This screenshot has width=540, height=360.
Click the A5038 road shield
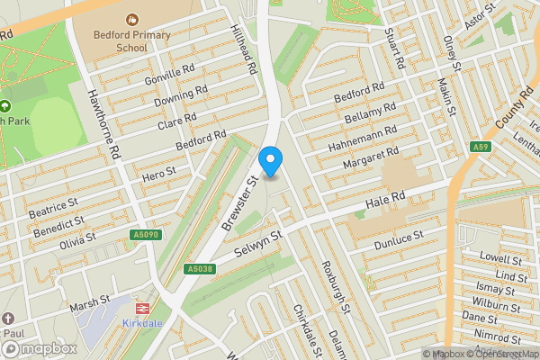[200, 269]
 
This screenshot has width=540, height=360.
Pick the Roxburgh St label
[334, 287]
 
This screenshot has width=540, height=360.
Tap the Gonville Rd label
[170, 75]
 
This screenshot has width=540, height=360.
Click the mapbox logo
[39, 348]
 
